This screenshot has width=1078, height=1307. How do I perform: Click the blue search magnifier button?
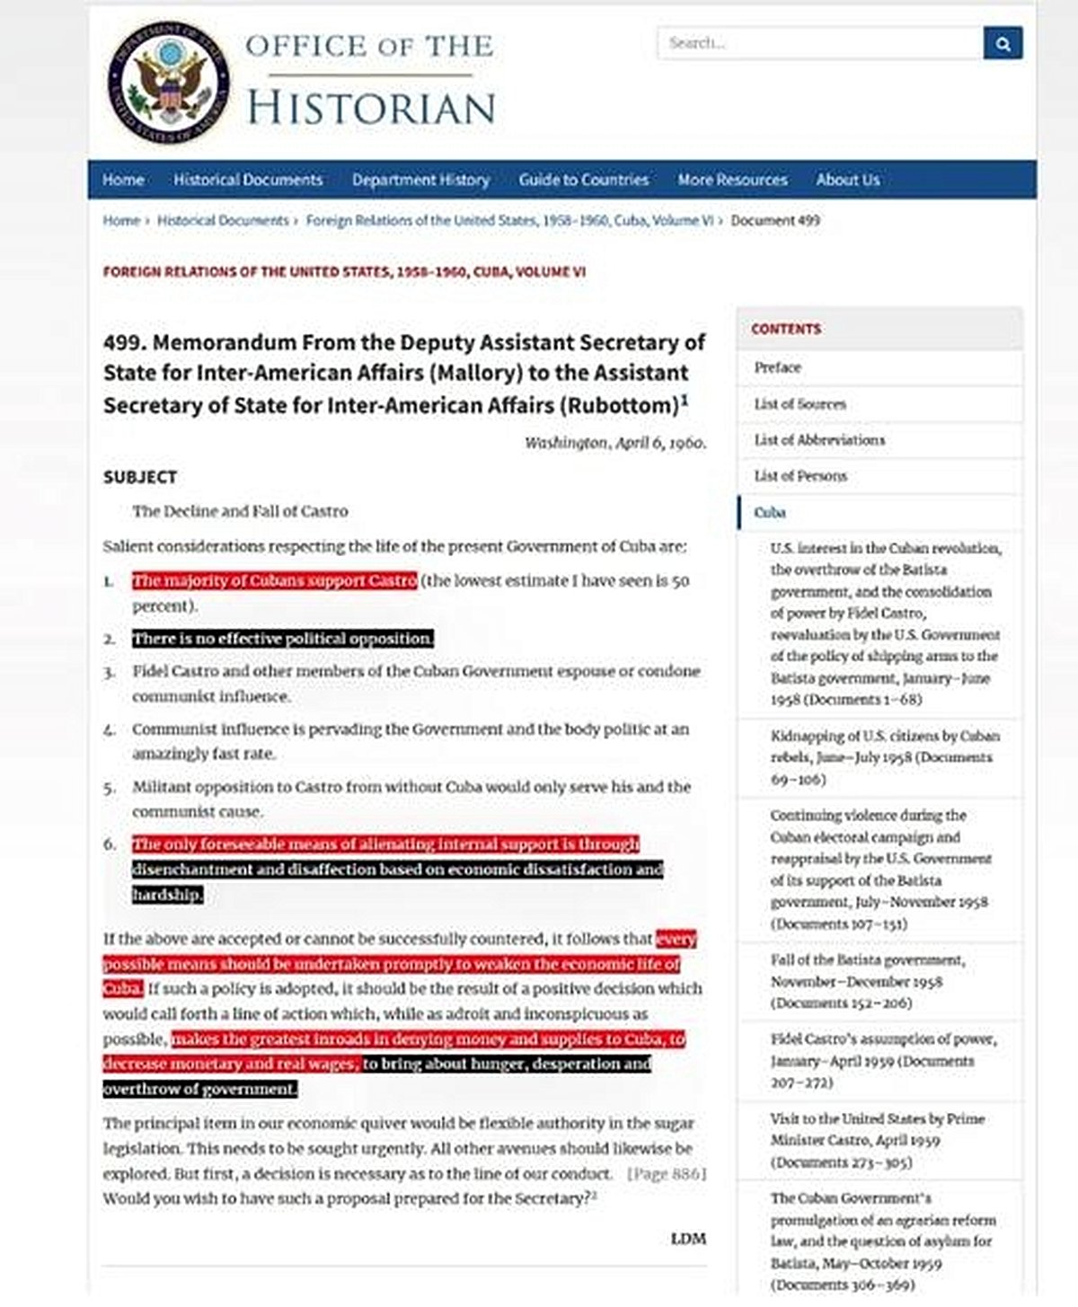pos(1003,43)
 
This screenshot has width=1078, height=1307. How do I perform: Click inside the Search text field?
pos(819,43)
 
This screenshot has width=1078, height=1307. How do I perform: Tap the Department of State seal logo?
pos(168,83)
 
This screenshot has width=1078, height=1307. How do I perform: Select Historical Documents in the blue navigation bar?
pos(248,180)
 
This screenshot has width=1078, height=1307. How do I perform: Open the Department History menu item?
pos(420,180)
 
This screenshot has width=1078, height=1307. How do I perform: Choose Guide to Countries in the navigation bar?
pos(583,180)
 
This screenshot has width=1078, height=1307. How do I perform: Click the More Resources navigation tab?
pos(732,180)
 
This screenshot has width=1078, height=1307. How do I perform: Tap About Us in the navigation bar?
pos(847,180)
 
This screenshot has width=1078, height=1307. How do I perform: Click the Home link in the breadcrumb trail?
pos(121,220)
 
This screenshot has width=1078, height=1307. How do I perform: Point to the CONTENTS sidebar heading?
pos(786,329)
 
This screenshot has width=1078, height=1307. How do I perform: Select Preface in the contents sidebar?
pos(777,367)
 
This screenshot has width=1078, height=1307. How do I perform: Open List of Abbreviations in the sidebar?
pos(819,440)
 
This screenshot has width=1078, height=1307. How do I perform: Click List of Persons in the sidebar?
pos(800,476)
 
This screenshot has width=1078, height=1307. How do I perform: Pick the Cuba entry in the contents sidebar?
pos(770,513)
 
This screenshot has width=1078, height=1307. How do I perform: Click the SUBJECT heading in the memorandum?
pos(140,477)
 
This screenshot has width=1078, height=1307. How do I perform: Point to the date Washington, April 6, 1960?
pos(615,443)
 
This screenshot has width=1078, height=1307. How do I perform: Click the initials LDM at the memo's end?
pos(688,1239)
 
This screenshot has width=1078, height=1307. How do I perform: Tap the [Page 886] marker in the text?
pos(667,1174)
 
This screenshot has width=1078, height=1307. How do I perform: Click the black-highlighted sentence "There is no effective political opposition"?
pos(283,639)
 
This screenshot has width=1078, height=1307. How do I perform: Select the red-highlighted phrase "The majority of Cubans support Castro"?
pos(275,580)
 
